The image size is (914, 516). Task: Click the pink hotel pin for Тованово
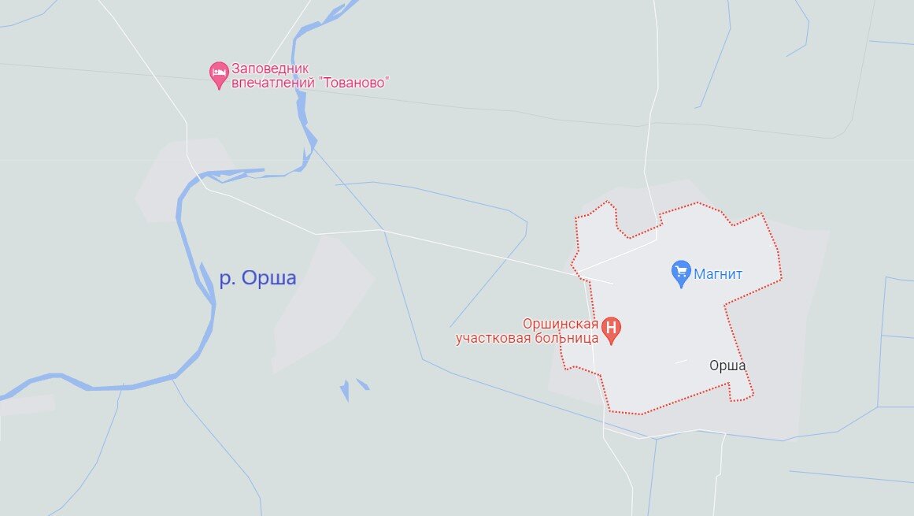coord(219,75)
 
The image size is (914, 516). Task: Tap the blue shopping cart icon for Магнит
coord(681,273)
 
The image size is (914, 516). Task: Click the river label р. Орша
coord(257,279)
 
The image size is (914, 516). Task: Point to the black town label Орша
coord(727,366)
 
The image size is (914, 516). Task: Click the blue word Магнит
coord(718,274)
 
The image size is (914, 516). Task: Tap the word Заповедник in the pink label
coord(271,68)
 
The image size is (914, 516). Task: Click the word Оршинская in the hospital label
coord(559,324)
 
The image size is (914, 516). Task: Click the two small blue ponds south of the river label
coord(353,388)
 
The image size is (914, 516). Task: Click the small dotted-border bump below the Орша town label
coord(740,392)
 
